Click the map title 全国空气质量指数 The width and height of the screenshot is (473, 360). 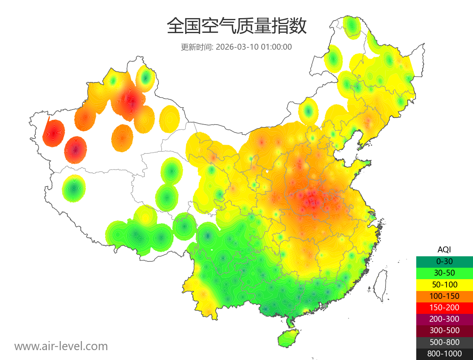pos(236,26)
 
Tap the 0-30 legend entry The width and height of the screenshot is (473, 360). pos(444,261)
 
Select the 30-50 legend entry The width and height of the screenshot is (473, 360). pos(444,273)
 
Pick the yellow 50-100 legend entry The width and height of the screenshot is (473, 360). pos(444,284)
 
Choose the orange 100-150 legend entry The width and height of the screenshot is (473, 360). pos(444,296)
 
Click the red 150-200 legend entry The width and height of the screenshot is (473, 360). pos(444,308)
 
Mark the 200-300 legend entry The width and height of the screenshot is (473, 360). pos(444,319)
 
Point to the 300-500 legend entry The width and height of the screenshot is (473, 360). pos(444,330)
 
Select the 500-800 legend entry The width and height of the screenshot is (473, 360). pos(444,342)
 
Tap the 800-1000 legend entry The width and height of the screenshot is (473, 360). pos(444,354)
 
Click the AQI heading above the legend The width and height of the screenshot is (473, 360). pos(444,249)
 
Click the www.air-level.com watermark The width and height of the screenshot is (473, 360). pos(61,346)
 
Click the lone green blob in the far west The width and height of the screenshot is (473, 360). pos(74,188)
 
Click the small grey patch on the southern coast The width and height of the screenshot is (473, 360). pos(325,306)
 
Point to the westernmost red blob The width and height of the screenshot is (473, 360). pos(53,133)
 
